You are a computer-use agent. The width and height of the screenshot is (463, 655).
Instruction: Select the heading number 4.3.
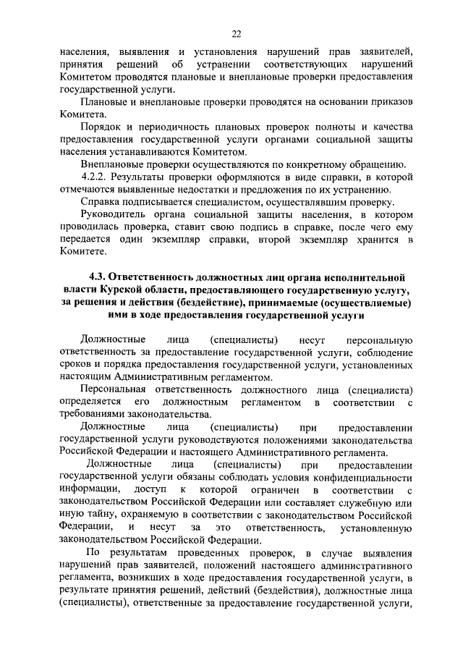click(x=98, y=277)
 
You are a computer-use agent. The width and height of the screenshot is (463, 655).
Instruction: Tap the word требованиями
click(x=91, y=415)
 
